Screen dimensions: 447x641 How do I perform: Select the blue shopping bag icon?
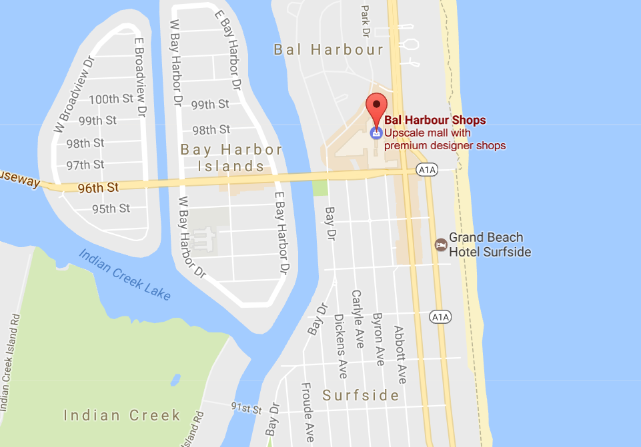376,133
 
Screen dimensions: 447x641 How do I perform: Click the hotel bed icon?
440,244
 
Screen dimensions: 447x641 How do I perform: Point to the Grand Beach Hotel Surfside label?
490,244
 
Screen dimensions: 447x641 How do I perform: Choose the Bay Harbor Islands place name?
231,158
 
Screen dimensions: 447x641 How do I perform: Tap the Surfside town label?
361,396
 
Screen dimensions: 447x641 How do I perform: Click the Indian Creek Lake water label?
125,274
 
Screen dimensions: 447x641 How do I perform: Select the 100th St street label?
111,99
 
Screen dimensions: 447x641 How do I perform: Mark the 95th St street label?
111,209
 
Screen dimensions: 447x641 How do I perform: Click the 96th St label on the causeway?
97,188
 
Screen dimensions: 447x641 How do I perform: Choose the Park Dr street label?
364,19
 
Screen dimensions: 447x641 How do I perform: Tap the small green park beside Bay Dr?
322,187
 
